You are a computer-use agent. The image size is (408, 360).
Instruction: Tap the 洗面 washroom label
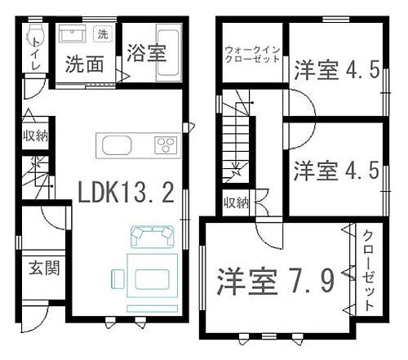coord(85,64)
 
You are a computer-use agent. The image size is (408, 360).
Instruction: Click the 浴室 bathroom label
coord(146,54)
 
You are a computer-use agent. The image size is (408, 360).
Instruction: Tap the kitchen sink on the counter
coord(115,147)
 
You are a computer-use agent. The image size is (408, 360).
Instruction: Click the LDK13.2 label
coord(126,193)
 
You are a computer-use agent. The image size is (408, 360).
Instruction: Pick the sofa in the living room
coord(153,235)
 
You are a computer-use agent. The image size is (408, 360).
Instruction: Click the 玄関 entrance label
coord(45,267)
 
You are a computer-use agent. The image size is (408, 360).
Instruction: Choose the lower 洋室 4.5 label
coord(335,171)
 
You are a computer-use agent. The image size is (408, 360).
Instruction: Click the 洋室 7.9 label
coord(274,282)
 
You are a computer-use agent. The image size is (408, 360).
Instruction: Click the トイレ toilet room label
coord(35,65)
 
